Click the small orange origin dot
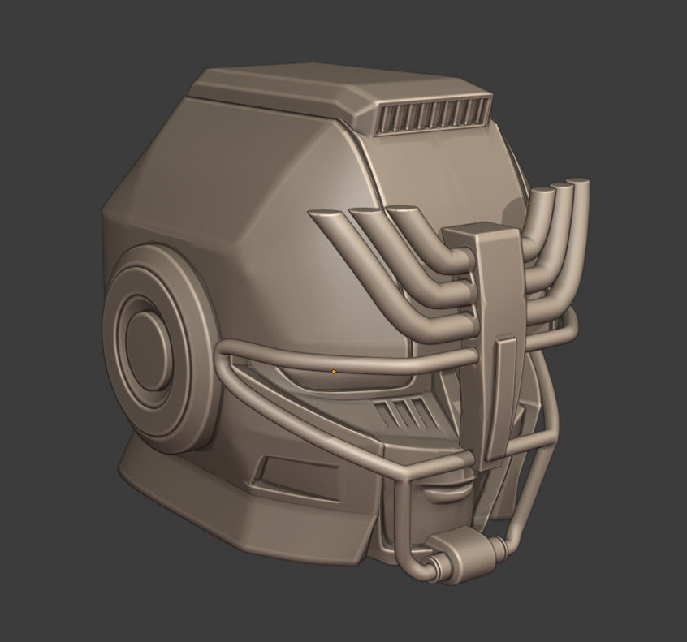(334, 371)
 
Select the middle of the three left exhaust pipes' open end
(364, 212)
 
